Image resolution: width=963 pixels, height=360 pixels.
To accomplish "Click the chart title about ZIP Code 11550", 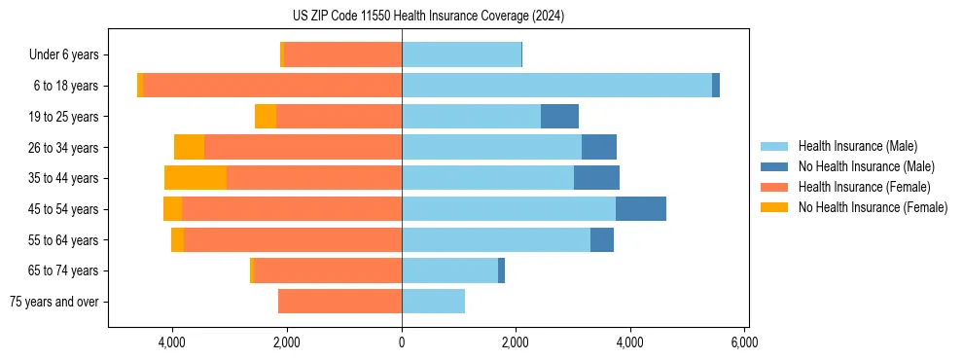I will (x=428, y=17).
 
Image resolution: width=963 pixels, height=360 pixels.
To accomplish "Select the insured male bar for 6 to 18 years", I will (x=556, y=86).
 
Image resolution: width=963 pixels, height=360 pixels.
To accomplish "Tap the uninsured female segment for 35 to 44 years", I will (x=196, y=178).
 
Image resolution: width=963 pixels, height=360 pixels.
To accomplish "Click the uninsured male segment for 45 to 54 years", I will (x=641, y=209).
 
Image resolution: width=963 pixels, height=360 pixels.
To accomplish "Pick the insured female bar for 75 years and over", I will (x=339, y=302).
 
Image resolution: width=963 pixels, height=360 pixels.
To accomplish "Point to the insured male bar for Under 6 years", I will (x=461, y=54).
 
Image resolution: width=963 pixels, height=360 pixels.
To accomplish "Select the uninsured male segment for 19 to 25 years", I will (x=559, y=117).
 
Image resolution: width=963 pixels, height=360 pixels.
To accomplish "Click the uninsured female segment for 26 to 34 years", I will (x=190, y=147).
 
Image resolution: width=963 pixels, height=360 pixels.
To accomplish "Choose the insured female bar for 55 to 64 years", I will (x=293, y=240).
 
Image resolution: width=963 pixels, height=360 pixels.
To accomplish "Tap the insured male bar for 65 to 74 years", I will (x=449, y=270).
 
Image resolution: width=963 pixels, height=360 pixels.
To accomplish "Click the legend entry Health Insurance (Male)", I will (x=857, y=146).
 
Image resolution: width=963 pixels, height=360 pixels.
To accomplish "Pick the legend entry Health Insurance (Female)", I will (x=864, y=187).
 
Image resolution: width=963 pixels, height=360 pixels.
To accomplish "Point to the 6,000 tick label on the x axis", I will (x=744, y=342).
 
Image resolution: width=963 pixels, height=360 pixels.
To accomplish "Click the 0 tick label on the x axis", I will (x=402, y=342).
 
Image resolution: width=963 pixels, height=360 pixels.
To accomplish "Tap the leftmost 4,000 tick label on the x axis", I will (x=172, y=342).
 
